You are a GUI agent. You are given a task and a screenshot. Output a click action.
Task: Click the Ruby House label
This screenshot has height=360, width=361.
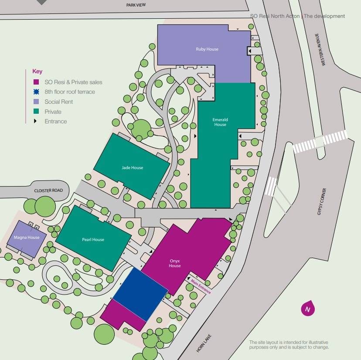coord(207,49)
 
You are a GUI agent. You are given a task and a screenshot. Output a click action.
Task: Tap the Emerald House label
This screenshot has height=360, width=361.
coord(220,122)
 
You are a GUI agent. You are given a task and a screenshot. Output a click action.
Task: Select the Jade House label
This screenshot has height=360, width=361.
coord(132,168)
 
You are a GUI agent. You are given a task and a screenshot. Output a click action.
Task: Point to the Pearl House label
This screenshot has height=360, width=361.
coord(93,240)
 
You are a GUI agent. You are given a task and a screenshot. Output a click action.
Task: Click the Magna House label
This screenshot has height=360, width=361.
coord(27,238)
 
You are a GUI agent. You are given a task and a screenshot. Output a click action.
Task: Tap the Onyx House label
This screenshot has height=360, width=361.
coord(175,263)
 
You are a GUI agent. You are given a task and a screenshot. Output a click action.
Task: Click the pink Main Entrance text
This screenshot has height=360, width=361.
coord(201,286)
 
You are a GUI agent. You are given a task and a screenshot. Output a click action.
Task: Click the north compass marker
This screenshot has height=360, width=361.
coord(308,309)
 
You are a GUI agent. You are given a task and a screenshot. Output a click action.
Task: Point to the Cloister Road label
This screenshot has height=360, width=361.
coord(48,191)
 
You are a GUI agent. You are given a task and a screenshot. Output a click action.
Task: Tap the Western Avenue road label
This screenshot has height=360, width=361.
coord(323,50)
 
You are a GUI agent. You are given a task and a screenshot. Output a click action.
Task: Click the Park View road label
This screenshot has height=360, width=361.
coord(136,5)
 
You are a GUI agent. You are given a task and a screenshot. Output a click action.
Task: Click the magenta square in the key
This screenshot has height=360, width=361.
coord(36,82)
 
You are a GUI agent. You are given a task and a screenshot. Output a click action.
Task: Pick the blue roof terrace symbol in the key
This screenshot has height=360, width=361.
coord(36,92)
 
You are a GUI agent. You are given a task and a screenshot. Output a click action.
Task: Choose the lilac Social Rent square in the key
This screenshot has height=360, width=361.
coord(36,102)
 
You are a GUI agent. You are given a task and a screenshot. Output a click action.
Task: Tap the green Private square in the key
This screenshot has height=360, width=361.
coord(36,112)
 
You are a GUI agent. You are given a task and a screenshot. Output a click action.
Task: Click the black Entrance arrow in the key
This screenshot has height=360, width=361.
coord(36,121)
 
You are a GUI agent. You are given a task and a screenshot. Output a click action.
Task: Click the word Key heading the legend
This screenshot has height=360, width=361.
coord(37,71)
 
